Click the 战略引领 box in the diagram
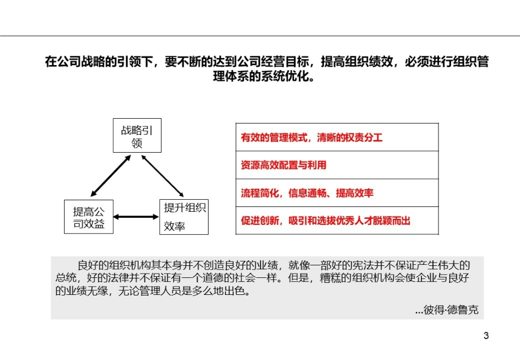(137, 136)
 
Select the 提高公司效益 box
(89, 217)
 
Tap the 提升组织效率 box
(184, 217)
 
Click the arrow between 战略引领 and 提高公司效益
(111, 175)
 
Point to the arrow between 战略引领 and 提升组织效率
(162, 175)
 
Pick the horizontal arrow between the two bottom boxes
(136, 217)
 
